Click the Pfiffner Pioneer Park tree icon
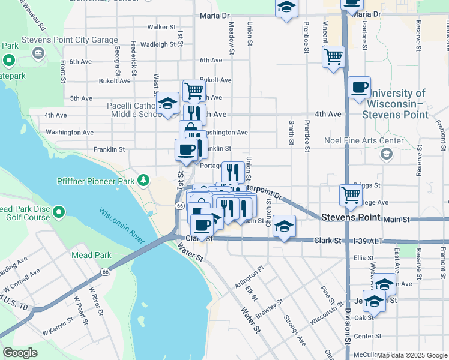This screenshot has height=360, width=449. (143, 180)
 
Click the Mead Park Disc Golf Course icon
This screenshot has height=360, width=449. (58, 212)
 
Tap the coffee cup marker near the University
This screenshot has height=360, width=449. (359, 88)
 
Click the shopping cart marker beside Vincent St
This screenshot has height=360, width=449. (333, 58)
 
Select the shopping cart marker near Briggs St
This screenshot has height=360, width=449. (351, 194)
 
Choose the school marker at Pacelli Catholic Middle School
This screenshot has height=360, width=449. (168, 103)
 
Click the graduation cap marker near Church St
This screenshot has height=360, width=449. (285, 226)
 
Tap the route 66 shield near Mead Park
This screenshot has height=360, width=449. (105, 272)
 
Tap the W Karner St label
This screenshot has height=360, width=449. (58, 329)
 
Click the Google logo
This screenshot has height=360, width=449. (20, 353)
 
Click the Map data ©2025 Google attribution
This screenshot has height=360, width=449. (412, 355)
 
